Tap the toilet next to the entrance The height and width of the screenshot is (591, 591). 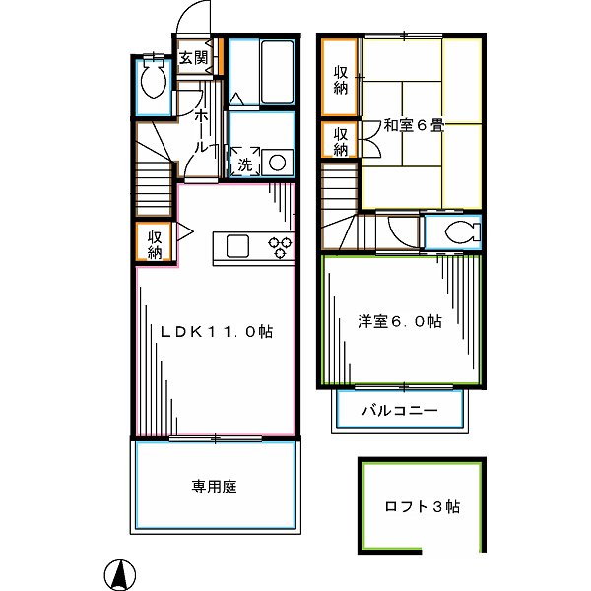click(x=153, y=80)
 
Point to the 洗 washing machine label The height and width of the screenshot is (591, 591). click(x=244, y=164)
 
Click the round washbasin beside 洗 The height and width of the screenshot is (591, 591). click(x=276, y=162)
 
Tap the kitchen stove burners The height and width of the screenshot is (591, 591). click(x=283, y=247)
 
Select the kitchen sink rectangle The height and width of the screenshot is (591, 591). click(x=239, y=246)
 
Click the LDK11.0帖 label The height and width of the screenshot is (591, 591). click(x=217, y=333)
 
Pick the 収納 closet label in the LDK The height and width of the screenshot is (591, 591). click(x=156, y=244)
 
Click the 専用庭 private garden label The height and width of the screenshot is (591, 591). click(x=214, y=486)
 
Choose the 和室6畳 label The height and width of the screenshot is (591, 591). click(x=414, y=125)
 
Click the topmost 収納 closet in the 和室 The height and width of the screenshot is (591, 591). click(x=341, y=79)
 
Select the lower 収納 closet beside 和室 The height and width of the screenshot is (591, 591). click(x=341, y=142)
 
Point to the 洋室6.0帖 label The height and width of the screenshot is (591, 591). click(x=399, y=321)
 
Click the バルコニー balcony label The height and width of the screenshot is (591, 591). click(x=399, y=410)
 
